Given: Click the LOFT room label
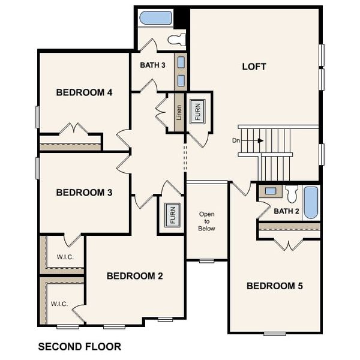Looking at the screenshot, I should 254,67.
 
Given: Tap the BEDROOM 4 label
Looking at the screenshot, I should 85,92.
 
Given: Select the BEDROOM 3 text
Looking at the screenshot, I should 85,193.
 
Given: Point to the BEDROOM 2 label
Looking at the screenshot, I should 135,276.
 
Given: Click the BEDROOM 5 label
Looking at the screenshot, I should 275,286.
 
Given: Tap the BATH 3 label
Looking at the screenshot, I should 153,65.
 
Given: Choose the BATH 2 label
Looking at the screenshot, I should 286,211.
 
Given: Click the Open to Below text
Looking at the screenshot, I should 206,221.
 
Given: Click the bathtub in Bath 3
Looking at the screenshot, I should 156,18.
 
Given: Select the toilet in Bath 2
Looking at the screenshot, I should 292,194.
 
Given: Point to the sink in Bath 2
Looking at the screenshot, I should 271,191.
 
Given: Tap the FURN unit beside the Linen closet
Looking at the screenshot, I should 197,112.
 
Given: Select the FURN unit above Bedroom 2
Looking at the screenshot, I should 171,214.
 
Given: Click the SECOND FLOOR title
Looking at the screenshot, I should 79,346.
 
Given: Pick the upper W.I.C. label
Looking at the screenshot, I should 65,257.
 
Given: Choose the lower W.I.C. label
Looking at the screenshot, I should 59,304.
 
